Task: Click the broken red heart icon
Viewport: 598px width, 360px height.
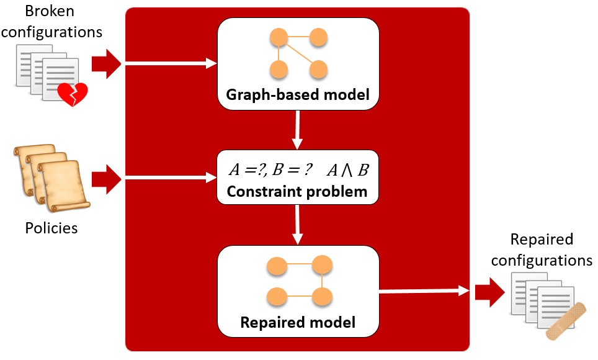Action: (73, 94)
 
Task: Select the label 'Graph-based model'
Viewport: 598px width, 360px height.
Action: (298, 95)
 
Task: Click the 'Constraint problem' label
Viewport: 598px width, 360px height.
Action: (297, 191)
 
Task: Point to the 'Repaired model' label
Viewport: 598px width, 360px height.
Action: (298, 322)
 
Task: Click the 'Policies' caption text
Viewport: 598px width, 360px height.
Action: (51, 228)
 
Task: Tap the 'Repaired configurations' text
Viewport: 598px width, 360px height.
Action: (542, 250)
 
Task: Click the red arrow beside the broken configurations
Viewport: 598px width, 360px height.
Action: (107, 63)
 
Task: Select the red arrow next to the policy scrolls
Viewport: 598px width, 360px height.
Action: (107, 179)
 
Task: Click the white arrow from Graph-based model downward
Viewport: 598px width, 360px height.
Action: (298, 130)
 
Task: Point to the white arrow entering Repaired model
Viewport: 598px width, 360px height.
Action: (298, 225)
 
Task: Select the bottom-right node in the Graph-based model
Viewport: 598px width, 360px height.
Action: (318, 69)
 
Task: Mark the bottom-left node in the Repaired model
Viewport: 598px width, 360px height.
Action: (277, 296)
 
